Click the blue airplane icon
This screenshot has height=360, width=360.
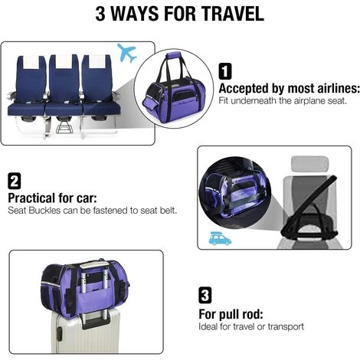[x=127, y=54]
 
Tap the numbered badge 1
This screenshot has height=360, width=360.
[x=225, y=72]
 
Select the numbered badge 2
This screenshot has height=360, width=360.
[x=15, y=182]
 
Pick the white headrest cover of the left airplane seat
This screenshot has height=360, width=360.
[x=29, y=63]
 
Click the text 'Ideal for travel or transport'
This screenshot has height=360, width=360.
[x=251, y=326]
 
